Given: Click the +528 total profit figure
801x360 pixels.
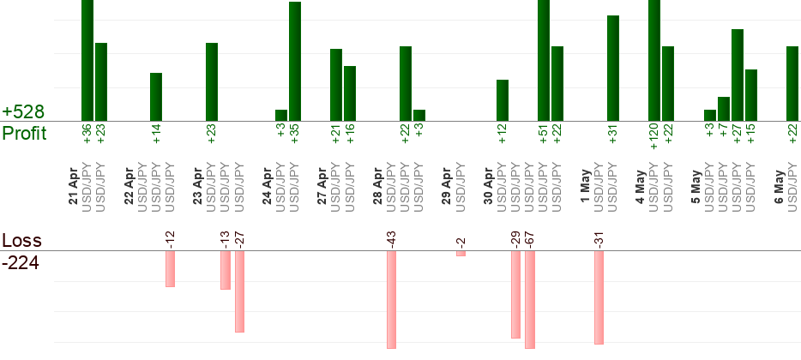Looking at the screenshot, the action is click(x=23, y=111).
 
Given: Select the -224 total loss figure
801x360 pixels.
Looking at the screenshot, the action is click(x=21, y=263).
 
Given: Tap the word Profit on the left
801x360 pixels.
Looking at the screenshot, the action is click(x=25, y=133).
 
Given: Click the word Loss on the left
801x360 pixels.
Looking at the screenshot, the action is click(x=21, y=241).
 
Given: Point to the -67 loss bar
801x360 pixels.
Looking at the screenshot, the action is click(x=530, y=300).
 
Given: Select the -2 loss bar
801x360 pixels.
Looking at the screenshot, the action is click(x=461, y=253).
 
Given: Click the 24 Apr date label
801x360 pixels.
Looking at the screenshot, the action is click(x=268, y=185).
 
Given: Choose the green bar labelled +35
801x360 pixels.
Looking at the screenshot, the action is click(x=295, y=61).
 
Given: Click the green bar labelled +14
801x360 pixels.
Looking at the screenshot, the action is click(x=156, y=97).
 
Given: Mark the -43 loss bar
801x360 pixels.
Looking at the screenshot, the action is click(x=391, y=300).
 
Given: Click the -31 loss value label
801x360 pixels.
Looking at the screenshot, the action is click(x=599, y=241).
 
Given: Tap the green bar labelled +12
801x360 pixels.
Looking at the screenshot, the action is click(x=503, y=100).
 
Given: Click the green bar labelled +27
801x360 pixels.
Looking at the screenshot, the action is click(x=738, y=75).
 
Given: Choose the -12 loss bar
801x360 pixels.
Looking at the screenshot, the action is click(x=170, y=268).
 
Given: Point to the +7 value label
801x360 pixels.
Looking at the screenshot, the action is click(x=723, y=133).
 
